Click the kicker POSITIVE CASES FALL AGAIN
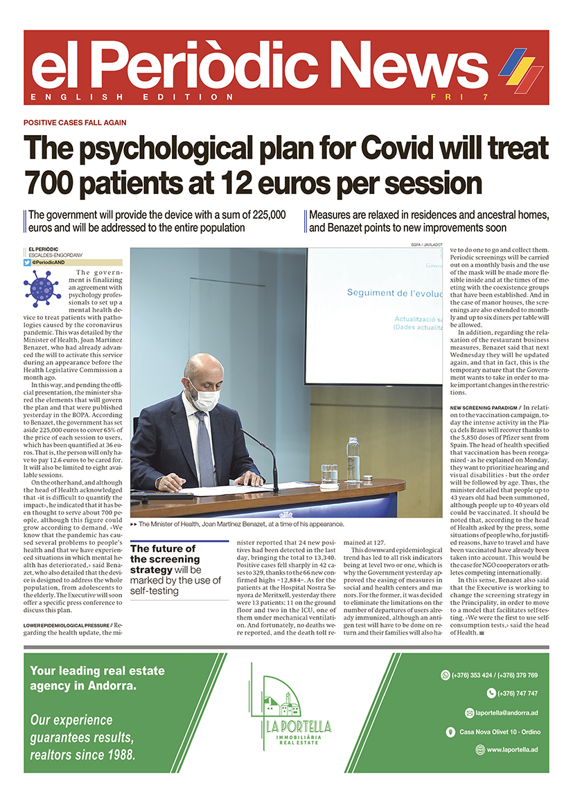click(75, 123)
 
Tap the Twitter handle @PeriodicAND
click(51, 262)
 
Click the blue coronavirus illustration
click(42, 287)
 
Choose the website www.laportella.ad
click(513, 750)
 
